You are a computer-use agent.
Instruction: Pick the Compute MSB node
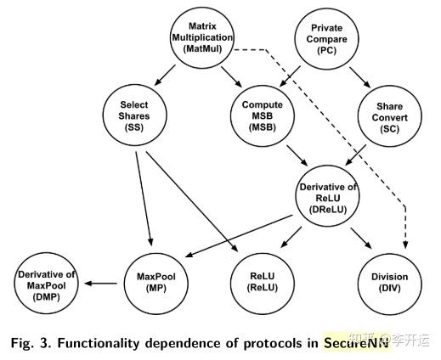(263, 114)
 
